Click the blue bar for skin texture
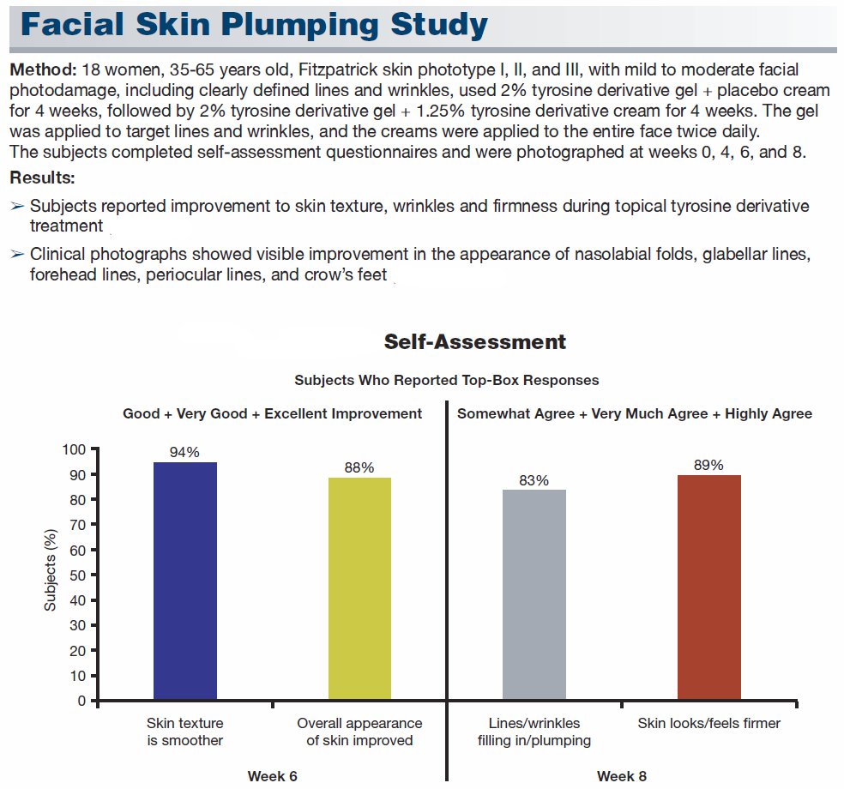click(185, 581)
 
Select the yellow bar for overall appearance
click(359, 588)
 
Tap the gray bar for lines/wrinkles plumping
click(534, 594)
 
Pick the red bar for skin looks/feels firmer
click(708, 587)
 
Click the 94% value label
click(184, 452)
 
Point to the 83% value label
click(534, 480)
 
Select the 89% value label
click(708, 465)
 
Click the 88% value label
click(359, 467)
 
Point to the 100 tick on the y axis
click(74, 449)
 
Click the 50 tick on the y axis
click(77, 575)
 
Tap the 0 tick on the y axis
click(81, 701)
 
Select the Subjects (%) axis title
click(50, 570)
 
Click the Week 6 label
click(273, 776)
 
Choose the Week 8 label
click(622, 776)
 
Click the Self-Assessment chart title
click(475, 341)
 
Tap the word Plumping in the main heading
click(300, 25)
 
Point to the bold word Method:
click(43, 70)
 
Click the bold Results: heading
click(42, 178)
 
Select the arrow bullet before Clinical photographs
click(17, 254)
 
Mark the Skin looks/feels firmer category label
click(708, 723)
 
